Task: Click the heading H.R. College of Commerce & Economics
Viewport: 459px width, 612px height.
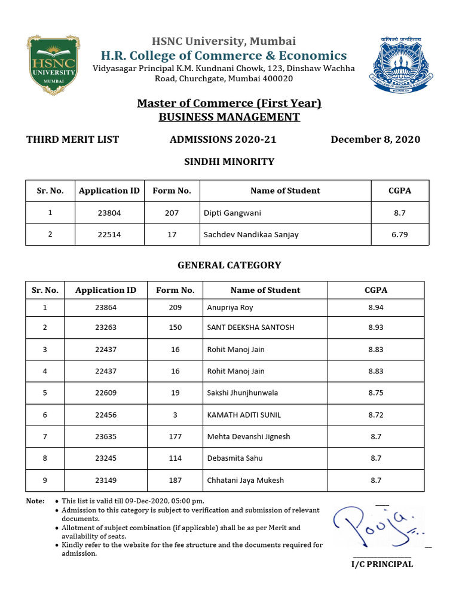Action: pos(224,56)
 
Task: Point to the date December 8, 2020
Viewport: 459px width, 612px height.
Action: pos(375,139)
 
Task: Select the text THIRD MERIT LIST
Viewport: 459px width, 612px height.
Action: pos(72,139)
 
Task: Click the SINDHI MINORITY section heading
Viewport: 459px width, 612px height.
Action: pos(229,161)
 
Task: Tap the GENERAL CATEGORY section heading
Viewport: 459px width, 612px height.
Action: pos(229,265)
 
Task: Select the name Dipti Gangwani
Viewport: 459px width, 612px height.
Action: pos(232,213)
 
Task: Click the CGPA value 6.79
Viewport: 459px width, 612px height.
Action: pos(399,234)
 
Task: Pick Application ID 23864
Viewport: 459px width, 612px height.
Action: pos(105,308)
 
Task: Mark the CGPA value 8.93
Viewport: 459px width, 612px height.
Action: pos(375,328)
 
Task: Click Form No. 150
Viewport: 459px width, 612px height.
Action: pos(175,328)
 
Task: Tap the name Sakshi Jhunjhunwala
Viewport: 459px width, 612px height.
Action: pos(242,393)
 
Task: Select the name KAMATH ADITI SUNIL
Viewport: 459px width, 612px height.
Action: pos(243,415)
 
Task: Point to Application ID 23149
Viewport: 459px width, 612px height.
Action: pos(105,480)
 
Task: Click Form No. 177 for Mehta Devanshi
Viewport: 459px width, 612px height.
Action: pos(175,436)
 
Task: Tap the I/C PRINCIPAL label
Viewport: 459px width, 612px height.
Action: pos(381,564)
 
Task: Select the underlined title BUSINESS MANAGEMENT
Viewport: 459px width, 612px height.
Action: pos(229,117)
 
